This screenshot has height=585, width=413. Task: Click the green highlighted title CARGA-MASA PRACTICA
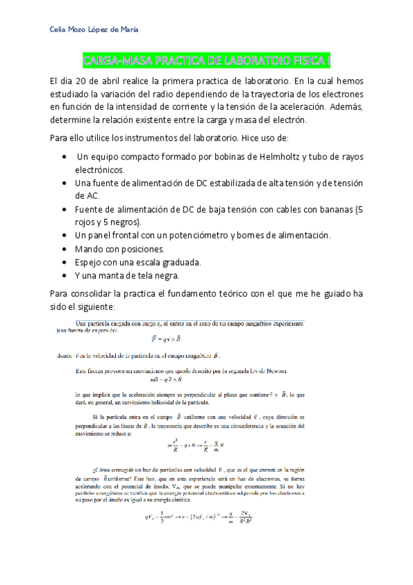coord(206,61)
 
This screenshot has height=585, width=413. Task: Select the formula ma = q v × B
coord(169,380)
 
